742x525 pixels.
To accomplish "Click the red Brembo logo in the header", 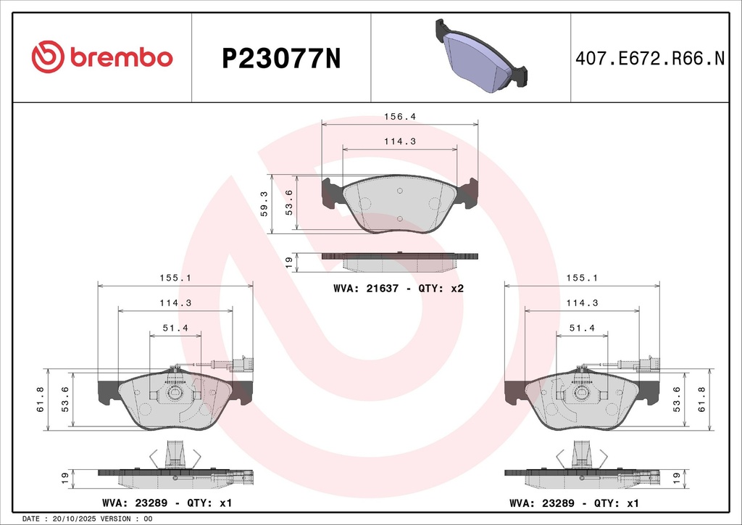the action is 101,57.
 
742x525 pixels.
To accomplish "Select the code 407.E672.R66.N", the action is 650,58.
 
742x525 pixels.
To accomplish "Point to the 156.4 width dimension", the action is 400,117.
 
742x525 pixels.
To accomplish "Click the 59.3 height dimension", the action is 264,204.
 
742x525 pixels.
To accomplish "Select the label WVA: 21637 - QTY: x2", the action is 399,289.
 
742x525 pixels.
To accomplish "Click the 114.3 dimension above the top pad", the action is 400,141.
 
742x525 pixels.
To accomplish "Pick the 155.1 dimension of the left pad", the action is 175,278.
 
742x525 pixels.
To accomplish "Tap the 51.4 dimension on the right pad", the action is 582,328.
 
